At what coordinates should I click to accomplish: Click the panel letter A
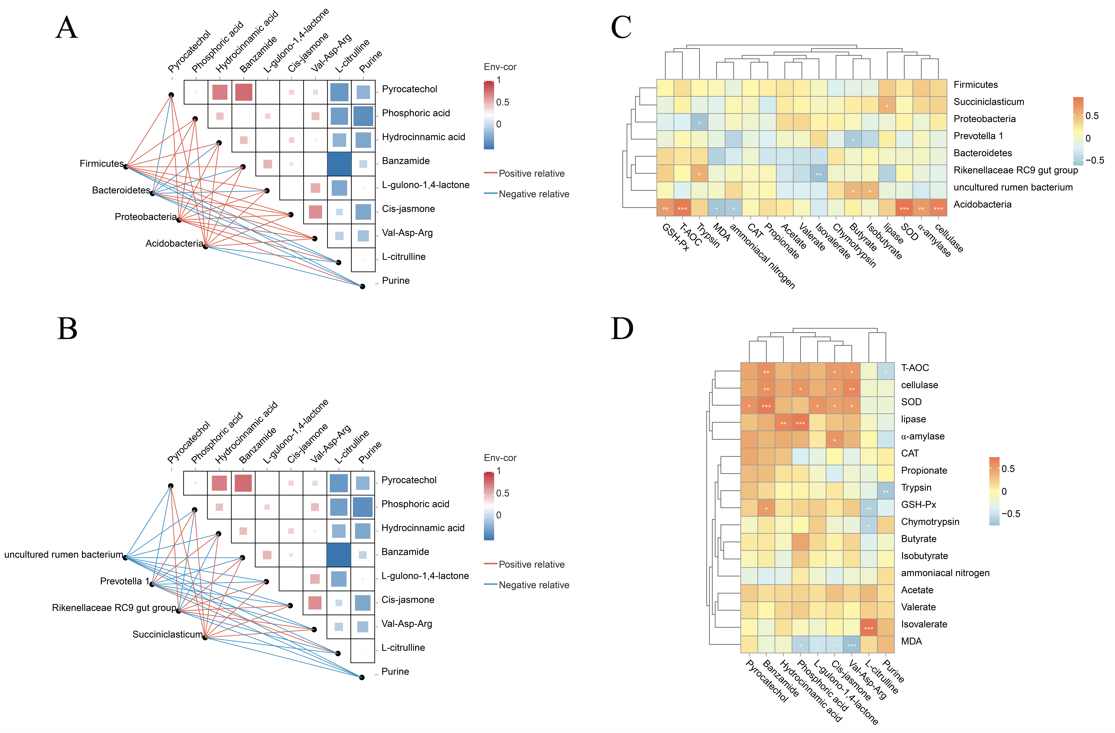point(67,28)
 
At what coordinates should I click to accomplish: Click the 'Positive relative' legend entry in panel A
point(531,173)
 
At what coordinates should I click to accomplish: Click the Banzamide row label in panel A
point(406,161)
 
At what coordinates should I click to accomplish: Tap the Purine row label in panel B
point(395,672)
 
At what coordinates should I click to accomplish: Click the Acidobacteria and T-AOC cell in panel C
point(682,208)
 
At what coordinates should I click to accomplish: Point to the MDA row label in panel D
point(911,641)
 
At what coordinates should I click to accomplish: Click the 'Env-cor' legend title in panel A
point(500,67)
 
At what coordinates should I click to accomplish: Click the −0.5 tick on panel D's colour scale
point(1011,514)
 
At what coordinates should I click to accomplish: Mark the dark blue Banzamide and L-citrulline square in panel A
point(339,164)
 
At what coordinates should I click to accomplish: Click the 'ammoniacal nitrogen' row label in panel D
point(945,573)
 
